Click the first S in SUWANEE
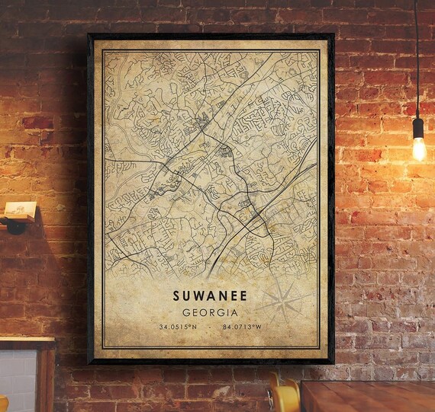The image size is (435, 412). pyautogui.click(x=177, y=293)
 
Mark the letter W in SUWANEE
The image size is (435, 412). pyautogui.click(x=200, y=293)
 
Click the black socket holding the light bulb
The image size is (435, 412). pyautogui.click(x=417, y=126)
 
